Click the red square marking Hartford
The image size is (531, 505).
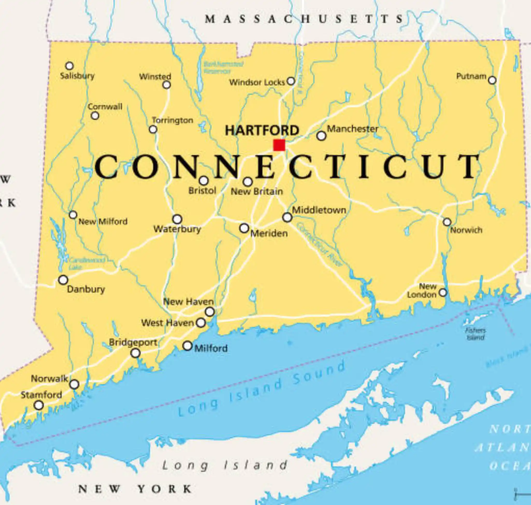click(x=279, y=145)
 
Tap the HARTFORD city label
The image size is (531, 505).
click(x=262, y=131)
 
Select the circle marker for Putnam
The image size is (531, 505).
click(x=492, y=80)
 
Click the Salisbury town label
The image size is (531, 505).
click(x=77, y=76)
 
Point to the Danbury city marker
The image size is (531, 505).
click(x=63, y=280)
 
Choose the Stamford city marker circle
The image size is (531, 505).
click(x=39, y=405)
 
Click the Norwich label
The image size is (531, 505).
click(x=466, y=230)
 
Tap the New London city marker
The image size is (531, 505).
click(x=442, y=292)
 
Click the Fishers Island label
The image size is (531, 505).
click(x=475, y=334)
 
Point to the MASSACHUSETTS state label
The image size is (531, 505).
click(x=304, y=19)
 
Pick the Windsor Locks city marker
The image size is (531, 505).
click(x=291, y=81)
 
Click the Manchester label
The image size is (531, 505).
click(x=352, y=129)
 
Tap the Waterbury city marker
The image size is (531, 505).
click(x=177, y=219)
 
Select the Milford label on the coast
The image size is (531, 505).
click(x=211, y=349)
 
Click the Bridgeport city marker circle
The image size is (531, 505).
click(x=135, y=353)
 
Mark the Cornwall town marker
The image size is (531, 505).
click(x=95, y=116)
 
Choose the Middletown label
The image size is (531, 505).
click(x=319, y=210)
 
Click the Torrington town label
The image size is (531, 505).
click(x=173, y=120)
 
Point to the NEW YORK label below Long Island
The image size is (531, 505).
click(x=135, y=489)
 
